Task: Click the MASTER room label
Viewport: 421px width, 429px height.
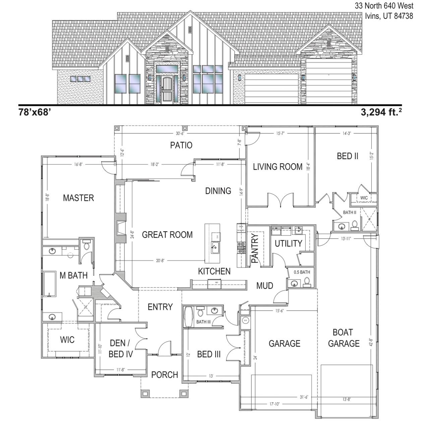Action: click(78, 198)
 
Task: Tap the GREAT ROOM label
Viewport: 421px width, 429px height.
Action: click(167, 235)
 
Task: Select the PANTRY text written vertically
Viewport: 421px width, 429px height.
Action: click(255, 248)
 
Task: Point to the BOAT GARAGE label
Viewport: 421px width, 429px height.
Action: click(344, 338)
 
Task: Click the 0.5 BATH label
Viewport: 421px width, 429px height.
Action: click(302, 272)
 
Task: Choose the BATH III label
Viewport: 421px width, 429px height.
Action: click(203, 322)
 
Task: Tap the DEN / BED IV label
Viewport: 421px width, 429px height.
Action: click(121, 349)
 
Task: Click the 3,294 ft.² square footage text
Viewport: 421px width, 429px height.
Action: click(381, 112)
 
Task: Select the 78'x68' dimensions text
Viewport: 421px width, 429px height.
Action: click(35, 112)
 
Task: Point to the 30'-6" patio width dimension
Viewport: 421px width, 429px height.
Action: click(180, 133)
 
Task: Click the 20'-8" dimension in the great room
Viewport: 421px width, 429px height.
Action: click(160, 260)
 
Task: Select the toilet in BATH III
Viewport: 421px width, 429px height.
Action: click(200, 312)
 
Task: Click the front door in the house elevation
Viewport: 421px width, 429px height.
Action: click(166, 90)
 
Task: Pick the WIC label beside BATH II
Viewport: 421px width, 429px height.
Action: click(364, 198)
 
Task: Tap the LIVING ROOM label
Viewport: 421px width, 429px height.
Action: click(278, 167)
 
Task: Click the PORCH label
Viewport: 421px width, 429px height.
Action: click(164, 375)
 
